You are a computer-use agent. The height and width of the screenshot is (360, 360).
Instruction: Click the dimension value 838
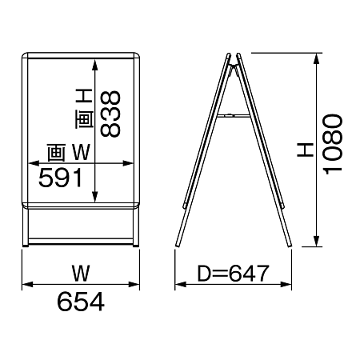click(x=110, y=114)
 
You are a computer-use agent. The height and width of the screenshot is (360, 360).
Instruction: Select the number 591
click(x=61, y=178)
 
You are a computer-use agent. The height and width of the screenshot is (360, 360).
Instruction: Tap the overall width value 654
click(x=81, y=302)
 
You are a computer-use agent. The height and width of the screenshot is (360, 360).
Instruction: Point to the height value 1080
click(x=332, y=144)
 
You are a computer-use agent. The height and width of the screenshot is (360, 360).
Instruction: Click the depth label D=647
click(x=233, y=274)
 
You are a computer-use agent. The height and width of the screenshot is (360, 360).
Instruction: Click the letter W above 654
click(x=81, y=274)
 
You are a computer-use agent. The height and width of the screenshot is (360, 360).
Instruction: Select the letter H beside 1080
click(x=306, y=150)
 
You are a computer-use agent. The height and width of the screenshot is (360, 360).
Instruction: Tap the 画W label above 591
click(x=69, y=153)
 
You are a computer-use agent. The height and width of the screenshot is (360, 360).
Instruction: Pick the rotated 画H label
click(x=85, y=109)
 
